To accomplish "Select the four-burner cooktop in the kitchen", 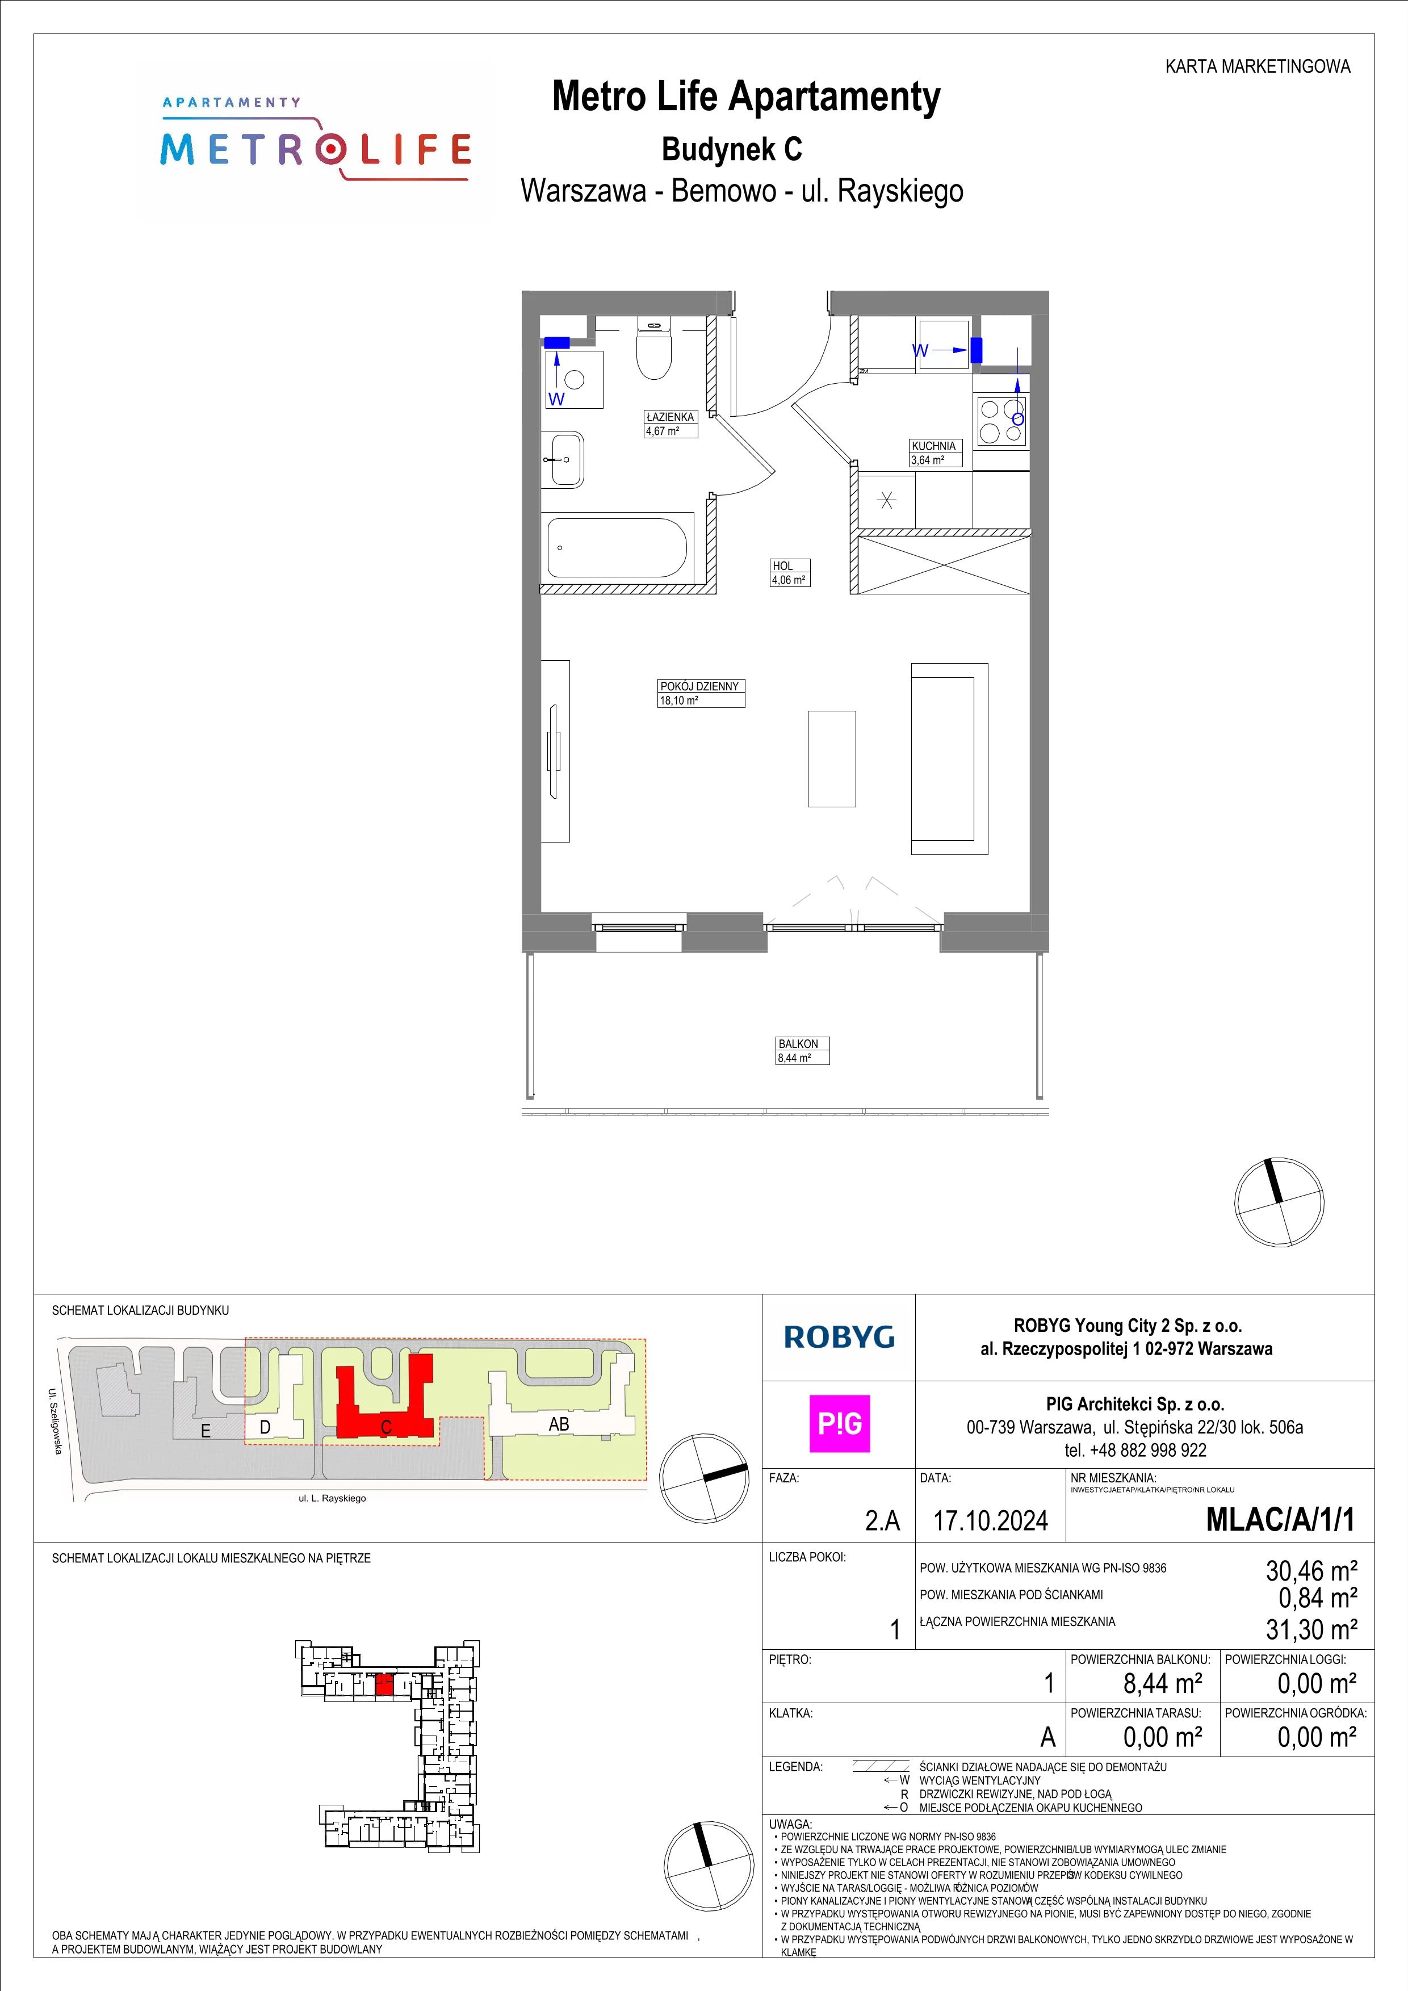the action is pyautogui.click(x=1001, y=421).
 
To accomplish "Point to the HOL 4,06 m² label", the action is pyautogui.click(x=790, y=572).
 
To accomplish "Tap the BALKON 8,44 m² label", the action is pyautogui.click(x=802, y=1050).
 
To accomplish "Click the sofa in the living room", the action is pyautogui.click(x=949, y=759).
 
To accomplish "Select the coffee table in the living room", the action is pyautogui.click(x=831, y=759).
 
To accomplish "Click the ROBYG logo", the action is pyautogui.click(x=839, y=1337).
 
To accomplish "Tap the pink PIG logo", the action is pyautogui.click(x=839, y=1423).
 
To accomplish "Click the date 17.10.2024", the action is pyautogui.click(x=990, y=1520).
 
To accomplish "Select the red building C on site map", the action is pyautogui.click(x=385, y=1402).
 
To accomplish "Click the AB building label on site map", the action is pyautogui.click(x=559, y=1423).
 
